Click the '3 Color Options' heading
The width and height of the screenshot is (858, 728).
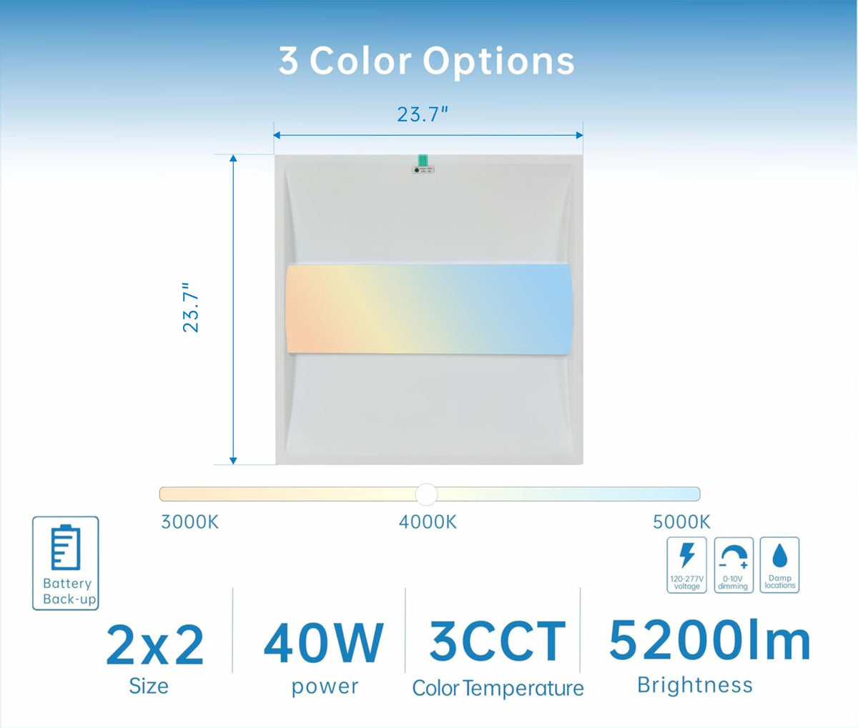426,61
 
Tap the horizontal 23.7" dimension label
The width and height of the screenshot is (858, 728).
423,115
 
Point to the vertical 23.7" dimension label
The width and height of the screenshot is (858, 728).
191,307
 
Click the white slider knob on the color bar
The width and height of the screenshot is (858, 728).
426,494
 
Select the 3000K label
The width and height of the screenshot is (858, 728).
189,522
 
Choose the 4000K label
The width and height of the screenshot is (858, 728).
428,522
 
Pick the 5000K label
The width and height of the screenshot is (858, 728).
681,522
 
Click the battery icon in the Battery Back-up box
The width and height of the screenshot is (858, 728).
66,547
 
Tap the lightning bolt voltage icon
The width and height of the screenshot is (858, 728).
687,555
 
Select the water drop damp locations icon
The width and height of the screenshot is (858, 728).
779,555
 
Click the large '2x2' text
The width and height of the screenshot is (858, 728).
155,646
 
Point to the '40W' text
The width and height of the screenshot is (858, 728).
323,643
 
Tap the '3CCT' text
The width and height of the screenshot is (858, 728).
498,641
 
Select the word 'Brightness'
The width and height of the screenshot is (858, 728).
695,685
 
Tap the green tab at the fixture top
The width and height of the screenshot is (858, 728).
423,160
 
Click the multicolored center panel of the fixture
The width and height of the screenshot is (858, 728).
429,309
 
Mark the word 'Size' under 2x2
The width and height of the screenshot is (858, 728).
149,686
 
